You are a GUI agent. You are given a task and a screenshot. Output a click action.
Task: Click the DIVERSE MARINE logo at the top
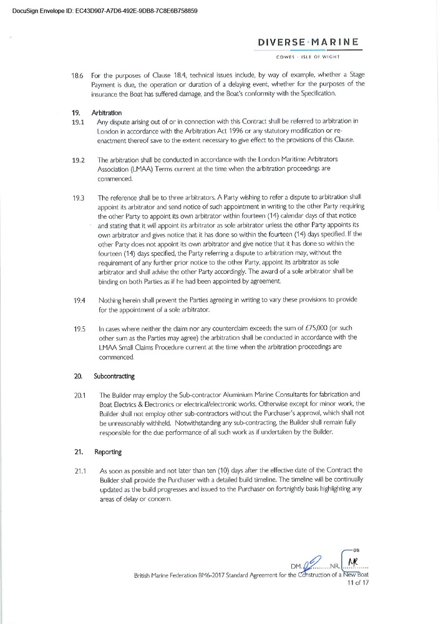[x=308, y=42]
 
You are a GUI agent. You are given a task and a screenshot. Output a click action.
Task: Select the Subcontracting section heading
[x=114, y=377]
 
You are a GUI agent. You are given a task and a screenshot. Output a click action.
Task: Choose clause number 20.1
[x=79, y=396]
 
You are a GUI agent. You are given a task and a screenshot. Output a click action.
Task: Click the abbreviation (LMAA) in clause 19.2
[x=144, y=168]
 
